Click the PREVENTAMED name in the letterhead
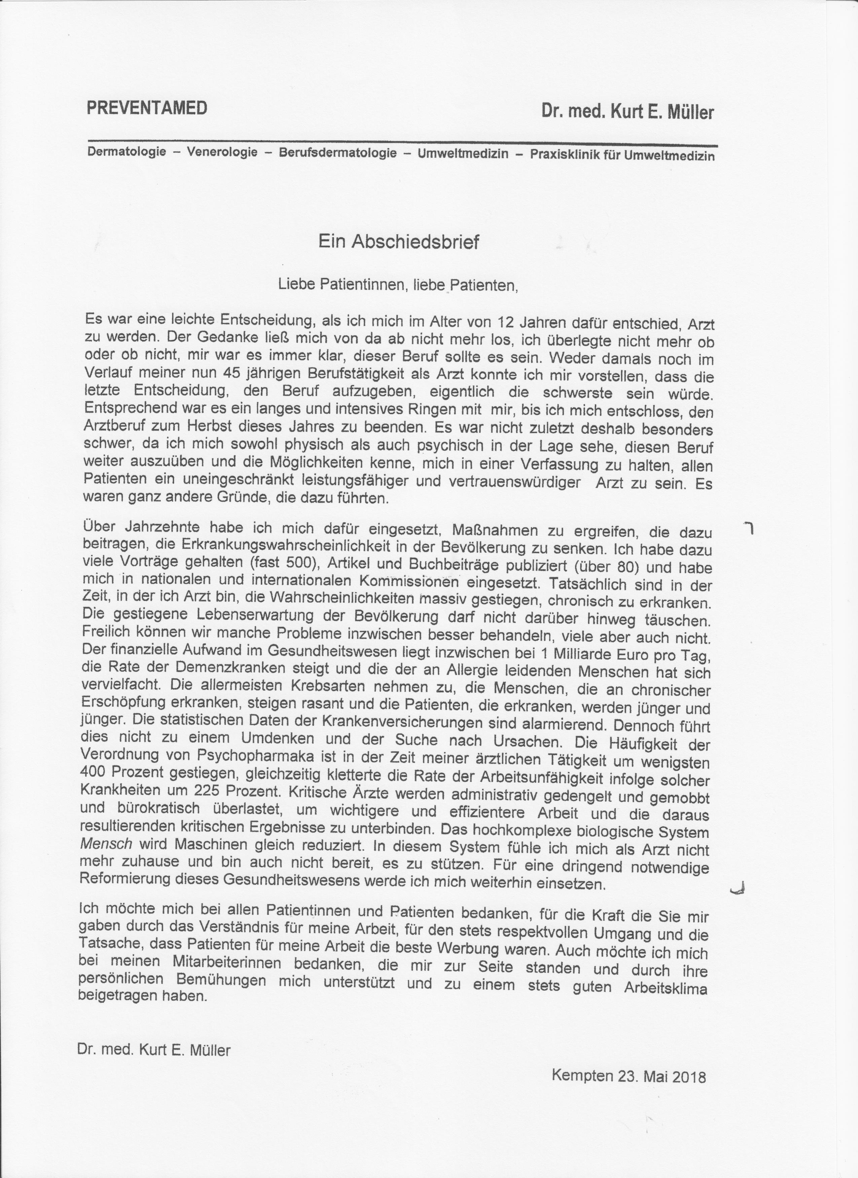click(x=147, y=108)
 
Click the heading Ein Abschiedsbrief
click(x=398, y=242)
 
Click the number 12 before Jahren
click(x=505, y=322)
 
